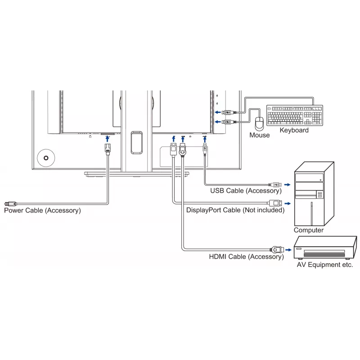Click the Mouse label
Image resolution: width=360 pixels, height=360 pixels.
[x=260, y=135]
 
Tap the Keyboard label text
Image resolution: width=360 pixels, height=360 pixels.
[x=294, y=130]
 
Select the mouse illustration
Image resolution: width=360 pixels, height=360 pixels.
[x=260, y=123]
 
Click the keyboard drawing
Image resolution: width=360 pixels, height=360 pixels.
[x=295, y=115]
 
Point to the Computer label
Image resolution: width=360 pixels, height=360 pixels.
[x=308, y=230]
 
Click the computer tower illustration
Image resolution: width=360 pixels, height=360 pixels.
[x=314, y=194]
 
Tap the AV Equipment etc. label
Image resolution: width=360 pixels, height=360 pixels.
[x=324, y=265]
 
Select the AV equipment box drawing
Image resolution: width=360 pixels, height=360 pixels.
[x=325, y=247]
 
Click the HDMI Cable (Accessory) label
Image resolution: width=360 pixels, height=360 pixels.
[x=246, y=256]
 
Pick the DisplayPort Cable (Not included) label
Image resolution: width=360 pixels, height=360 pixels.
[x=235, y=210]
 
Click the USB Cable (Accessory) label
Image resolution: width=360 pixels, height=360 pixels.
[x=246, y=190]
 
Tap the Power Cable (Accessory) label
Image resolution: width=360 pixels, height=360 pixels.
[x=42, y=210]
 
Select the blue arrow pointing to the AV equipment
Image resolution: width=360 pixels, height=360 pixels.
[x=288, y=250]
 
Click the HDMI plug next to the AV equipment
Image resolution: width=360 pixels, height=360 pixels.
[x=277, y=249]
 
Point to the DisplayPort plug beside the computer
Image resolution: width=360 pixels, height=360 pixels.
[x=275, y=203]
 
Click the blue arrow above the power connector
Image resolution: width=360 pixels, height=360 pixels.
[x=107, y=139]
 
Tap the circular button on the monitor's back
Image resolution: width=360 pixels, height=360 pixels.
[x=46, y=158]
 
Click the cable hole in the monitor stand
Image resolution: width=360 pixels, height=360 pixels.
[x=137, y=143]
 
